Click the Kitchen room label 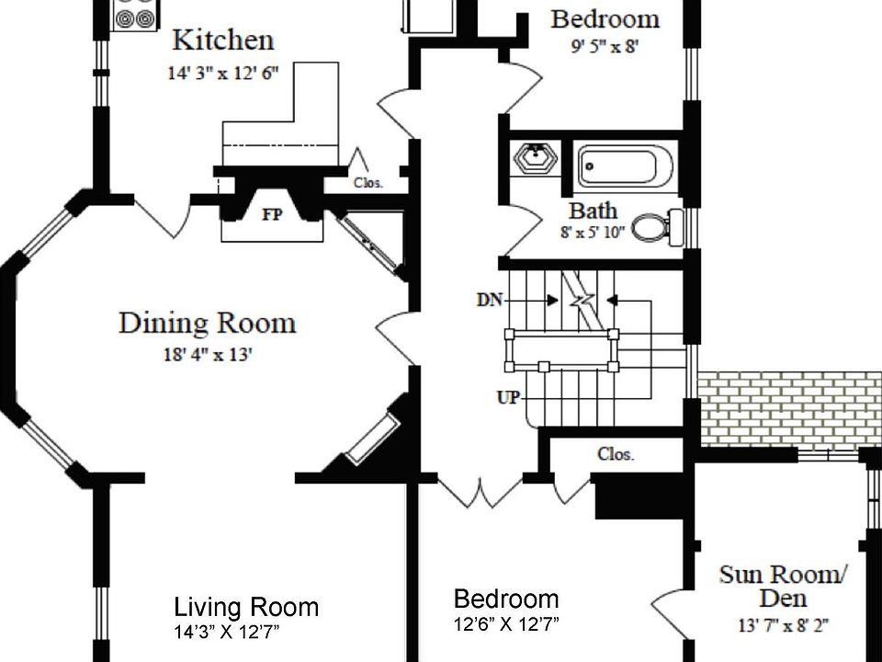click(223, 40)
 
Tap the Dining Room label click(207, 323)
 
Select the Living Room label click(246, 607)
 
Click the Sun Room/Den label click(783, 586)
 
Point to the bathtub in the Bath click(625, 166)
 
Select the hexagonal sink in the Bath click(536, 157)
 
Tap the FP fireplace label click(272, 214)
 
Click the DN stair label click(490, 300)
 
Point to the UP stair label click(508, 397)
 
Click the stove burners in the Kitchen click(136, 15)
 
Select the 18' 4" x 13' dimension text click(208, 355)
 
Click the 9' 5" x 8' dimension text click(605, 46)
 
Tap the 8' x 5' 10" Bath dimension click(593, 232)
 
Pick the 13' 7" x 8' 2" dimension click(783, 625)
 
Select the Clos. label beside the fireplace click(368, 183)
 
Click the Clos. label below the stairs click(616, 454)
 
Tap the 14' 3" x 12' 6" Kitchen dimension click(223, 74)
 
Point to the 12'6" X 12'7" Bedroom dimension click(506, 624)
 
